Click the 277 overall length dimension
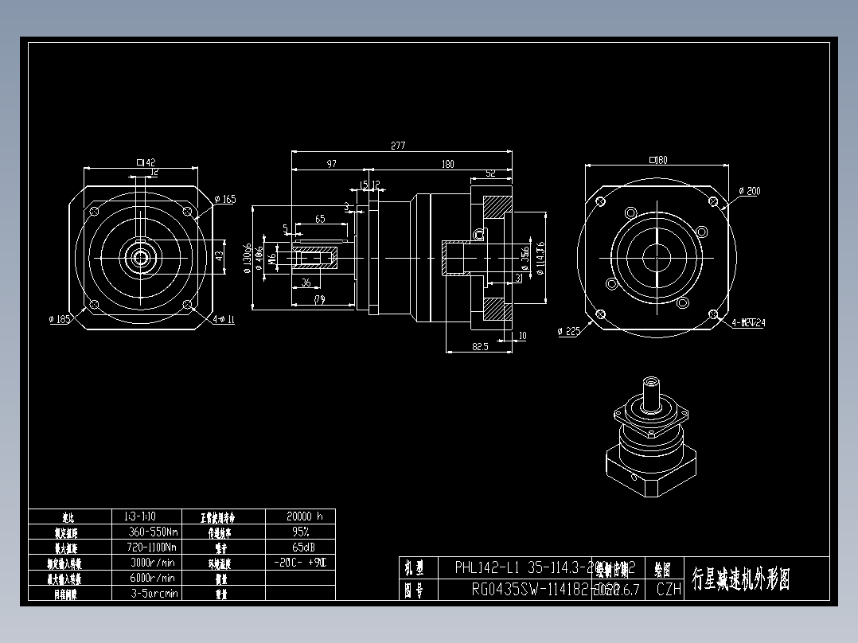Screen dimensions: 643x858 click(x=399, y=146)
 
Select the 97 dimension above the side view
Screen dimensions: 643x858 click(x=331, y=164)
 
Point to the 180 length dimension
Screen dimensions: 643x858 click(x=447, y=164)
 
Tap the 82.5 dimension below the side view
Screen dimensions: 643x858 click(x=480, y=347)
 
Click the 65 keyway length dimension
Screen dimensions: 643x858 click(x=320, y=218)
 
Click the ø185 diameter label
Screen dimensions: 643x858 click(x=60, y=319)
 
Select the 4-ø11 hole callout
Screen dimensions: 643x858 click(x=224, y=319)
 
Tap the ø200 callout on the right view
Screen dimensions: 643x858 click(x=749, y=191)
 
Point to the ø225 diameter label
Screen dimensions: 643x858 click(x=569, y=331)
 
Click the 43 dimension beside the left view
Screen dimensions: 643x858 click(x=220, y=256)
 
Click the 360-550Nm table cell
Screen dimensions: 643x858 click(x=152, y=532)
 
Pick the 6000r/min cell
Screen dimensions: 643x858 click(x=152, y=578)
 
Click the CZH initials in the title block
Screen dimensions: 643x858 click(x=669, y=590)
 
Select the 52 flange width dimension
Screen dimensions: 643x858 click(x=490, y=173)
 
